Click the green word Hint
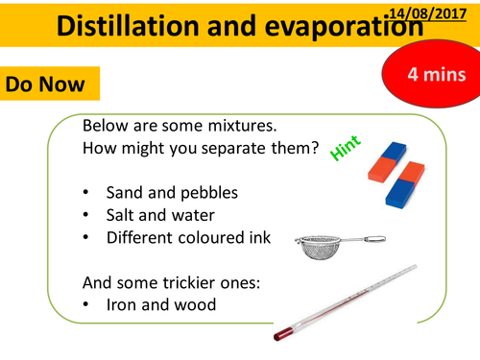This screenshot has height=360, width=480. (343, 148)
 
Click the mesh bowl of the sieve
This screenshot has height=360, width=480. (322, 249)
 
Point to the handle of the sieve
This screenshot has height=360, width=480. (369, 239)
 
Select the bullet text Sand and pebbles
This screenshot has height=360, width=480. (172, 193)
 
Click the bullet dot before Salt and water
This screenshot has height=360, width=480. (87, 216)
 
